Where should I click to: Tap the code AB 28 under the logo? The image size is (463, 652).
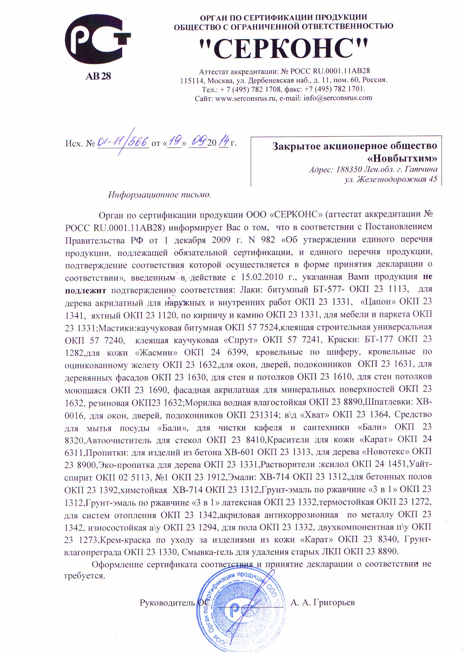pos(98,76)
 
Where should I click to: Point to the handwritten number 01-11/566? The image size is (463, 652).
pos(123,142)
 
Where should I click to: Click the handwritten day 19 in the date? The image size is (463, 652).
pos(175,142)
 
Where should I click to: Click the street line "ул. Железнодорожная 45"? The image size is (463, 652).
pos(391,179)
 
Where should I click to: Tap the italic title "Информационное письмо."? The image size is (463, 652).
pos(160,195)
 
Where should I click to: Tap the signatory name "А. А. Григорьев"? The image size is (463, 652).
pos(323,603)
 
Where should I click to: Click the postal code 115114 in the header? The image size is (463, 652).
pos(192,80)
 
